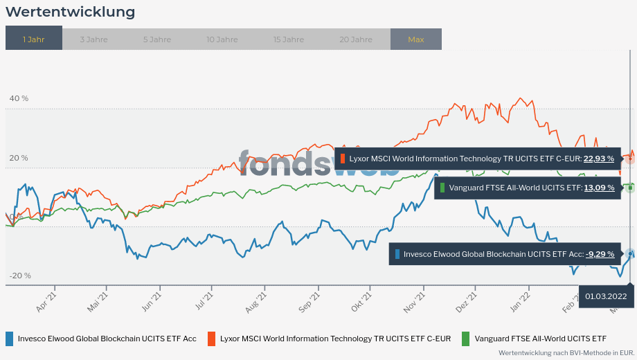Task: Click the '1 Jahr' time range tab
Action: tap(33, 39)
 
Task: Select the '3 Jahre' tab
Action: tap(93, 39)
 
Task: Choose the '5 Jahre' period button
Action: tap(156, 39)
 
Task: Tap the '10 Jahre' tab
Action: tap(222, 39)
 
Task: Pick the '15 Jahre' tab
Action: tap(288, 39)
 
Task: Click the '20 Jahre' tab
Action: tap(355, 39)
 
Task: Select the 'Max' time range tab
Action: tap(415, 39)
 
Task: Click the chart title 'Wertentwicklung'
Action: tap(70, 12)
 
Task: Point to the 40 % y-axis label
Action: tap(19, 98)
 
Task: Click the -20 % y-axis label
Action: tap(20, 276)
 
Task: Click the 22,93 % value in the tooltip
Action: tap(599, 159)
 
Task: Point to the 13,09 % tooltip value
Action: tap(599, 188)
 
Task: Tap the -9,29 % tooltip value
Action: tap(600, 254)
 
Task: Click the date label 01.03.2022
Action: tap(606, 297)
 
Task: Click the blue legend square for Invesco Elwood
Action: tap(9, 339)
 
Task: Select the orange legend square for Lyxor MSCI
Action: tap(212, 339)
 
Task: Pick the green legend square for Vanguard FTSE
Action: tap(465, 339)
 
